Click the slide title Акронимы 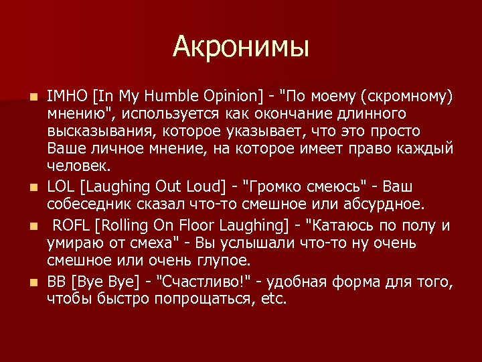click(241, 48)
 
